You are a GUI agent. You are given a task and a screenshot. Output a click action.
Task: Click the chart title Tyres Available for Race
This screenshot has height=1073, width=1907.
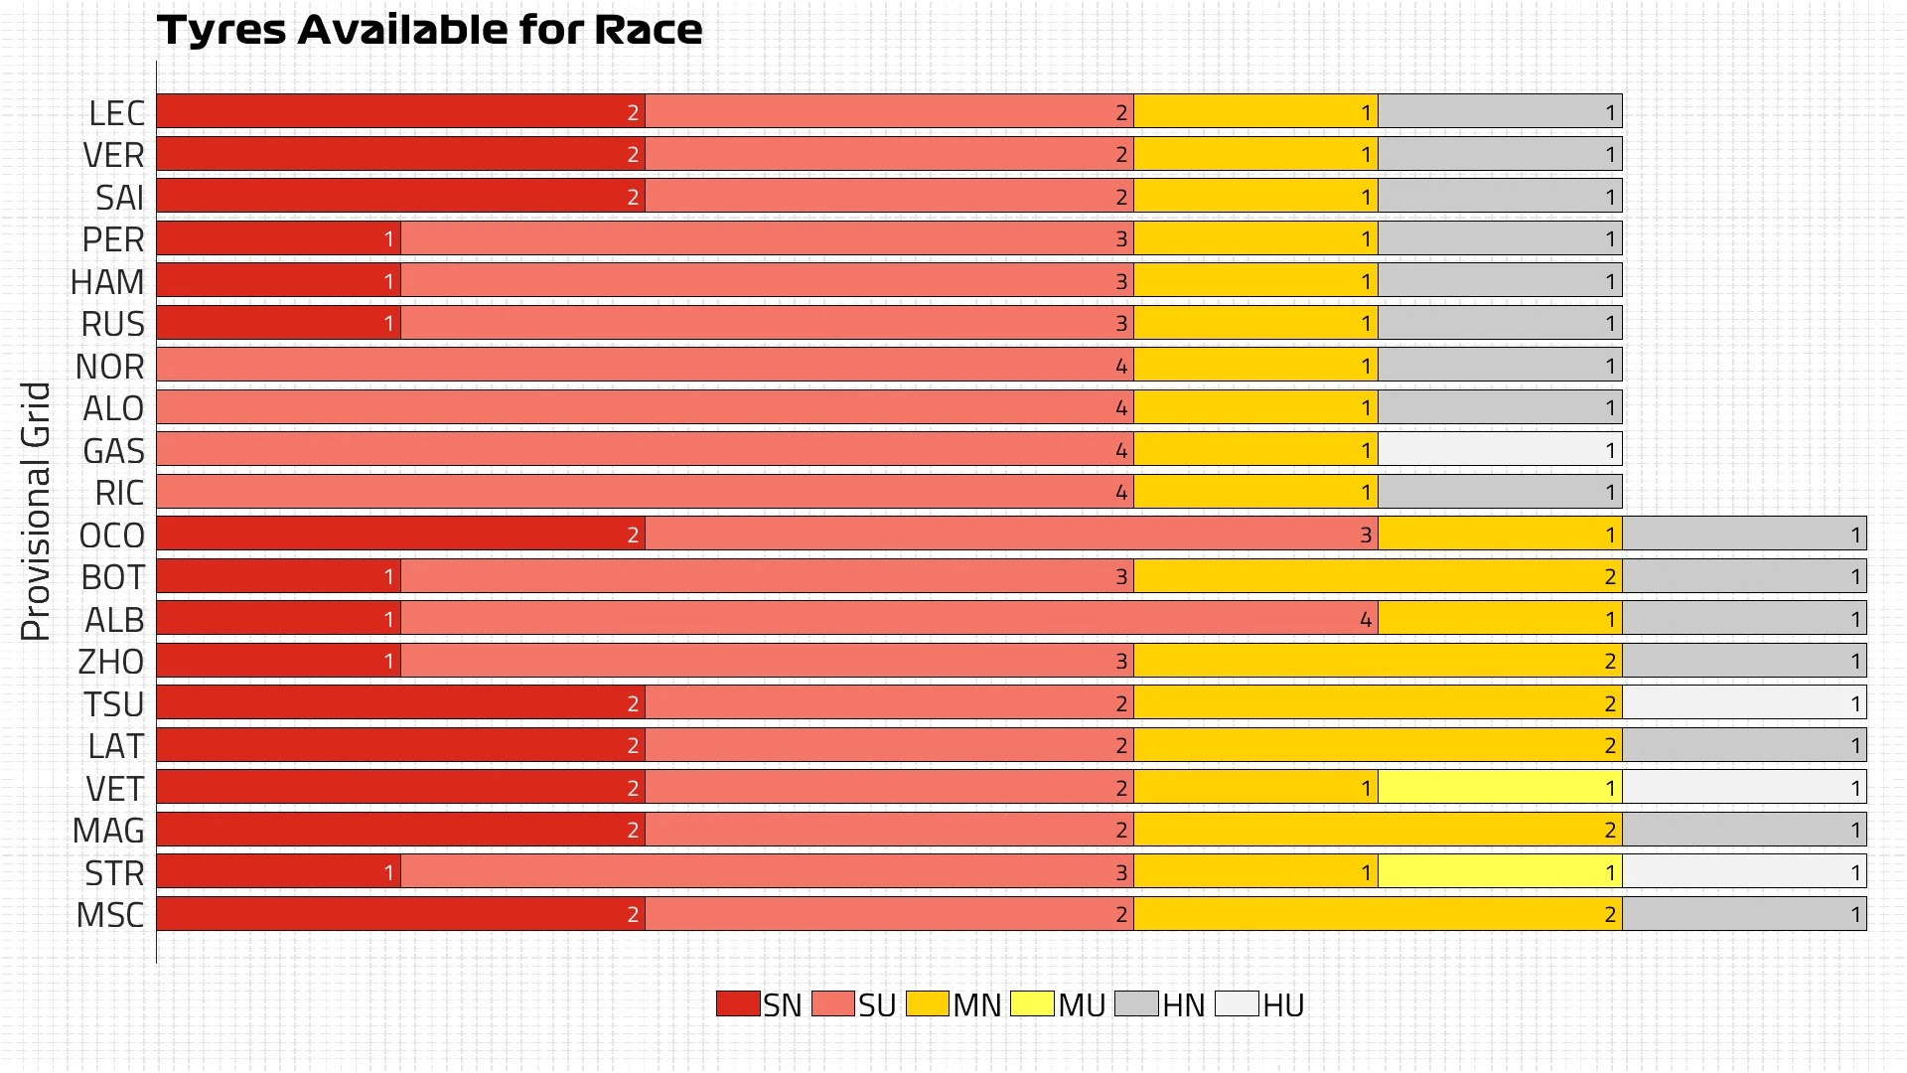429,30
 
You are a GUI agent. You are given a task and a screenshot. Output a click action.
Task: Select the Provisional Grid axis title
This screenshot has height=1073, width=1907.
36,511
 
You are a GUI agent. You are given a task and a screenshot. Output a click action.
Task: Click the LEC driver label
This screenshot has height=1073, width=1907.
116,113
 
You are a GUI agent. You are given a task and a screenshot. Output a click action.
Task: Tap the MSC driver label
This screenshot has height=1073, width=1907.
110,915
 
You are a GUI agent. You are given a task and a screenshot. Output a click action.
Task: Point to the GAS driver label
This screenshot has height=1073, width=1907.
113,451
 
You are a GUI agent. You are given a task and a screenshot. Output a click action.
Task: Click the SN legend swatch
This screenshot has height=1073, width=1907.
737,1003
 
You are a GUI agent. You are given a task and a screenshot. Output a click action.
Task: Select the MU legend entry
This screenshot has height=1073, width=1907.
1059,1004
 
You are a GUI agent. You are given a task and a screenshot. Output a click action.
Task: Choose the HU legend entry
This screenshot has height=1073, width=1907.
1260,1004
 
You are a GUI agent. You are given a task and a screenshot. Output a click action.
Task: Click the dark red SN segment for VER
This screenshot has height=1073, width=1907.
400,154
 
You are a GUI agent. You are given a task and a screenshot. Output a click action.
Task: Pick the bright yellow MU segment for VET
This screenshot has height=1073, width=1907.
1500,788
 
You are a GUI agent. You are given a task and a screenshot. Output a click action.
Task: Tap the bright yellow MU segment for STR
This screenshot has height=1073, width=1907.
1500,872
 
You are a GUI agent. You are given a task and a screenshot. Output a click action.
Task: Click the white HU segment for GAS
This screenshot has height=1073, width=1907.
1500,450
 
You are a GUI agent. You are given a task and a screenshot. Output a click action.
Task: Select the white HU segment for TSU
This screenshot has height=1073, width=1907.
1744,703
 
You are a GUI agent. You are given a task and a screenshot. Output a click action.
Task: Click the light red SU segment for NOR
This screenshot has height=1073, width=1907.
646,366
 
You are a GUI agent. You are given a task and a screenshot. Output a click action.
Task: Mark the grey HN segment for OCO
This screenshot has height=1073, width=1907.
1744,535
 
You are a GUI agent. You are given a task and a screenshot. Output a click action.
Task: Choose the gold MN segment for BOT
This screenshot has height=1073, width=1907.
1378,576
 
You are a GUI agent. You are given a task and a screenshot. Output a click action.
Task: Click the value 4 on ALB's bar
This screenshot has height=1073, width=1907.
1366,620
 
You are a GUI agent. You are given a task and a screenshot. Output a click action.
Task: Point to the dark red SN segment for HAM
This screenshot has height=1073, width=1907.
278,281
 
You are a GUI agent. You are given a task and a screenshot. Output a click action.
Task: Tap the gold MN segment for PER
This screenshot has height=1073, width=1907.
1255,238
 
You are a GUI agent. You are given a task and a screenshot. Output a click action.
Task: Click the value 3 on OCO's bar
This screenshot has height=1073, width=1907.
1366,536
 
